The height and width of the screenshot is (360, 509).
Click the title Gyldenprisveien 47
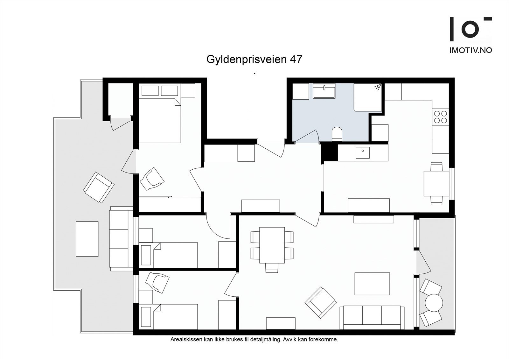tap(254, 59)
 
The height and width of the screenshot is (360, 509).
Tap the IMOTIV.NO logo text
tap(471, 50)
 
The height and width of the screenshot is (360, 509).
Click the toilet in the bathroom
tap(337, 134)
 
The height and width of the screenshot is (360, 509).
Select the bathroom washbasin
tap(324, 91)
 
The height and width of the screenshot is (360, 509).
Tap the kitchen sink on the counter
tap(363, 153)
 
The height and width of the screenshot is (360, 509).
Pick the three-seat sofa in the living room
tap(372, 318)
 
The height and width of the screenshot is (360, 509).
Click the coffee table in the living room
tap(372, 284)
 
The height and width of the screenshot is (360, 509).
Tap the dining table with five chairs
tap(272, 245)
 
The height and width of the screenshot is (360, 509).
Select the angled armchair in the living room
tap(320, 303)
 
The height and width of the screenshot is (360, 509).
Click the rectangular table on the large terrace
tap(87, 239)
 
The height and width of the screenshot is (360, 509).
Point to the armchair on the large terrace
tap(99, 187)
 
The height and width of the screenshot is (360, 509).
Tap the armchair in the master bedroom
tap(152, 179)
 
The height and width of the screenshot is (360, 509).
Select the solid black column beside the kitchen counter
tap(330, 152)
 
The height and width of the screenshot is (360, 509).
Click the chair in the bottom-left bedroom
tap(157, 282)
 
